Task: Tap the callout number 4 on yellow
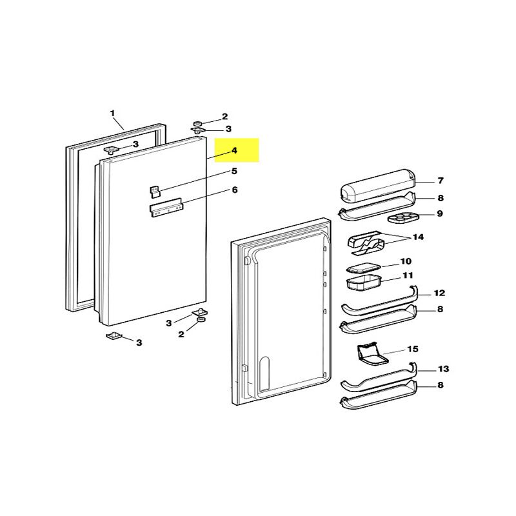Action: point(234,150)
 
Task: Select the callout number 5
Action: point(235,171)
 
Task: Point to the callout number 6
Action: point(235,190)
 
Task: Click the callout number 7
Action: point(441,181)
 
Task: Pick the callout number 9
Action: point(440,213)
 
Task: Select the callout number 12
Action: point(439,293)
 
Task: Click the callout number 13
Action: point(443,369)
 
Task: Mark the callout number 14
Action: point(418,237)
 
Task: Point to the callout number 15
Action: point(413,349)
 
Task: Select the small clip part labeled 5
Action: point(155,191)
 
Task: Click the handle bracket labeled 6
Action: point(166,209)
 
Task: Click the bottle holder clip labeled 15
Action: point(372,353)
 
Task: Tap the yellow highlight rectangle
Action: point(236,150)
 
